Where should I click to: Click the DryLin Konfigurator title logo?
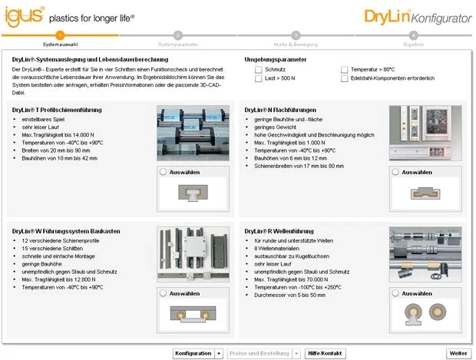(x=418, y=16)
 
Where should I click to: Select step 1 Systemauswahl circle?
(x=60, y=35)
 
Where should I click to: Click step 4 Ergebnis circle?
(x=413, y=35)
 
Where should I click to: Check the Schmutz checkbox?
(x=259, y=69)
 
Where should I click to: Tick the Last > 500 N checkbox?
(x=259, y=78)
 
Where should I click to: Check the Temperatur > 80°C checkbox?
(x=345, y=69)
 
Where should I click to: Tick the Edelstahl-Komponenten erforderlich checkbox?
(x=345, y=78)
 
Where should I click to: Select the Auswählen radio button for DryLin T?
(x=164, y=173)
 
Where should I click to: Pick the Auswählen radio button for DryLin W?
(x=164, y=293)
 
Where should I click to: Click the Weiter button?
(x=458, y=353)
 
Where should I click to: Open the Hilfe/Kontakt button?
(x=325, y=353)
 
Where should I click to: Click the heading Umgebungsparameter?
(x=275, y=59)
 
